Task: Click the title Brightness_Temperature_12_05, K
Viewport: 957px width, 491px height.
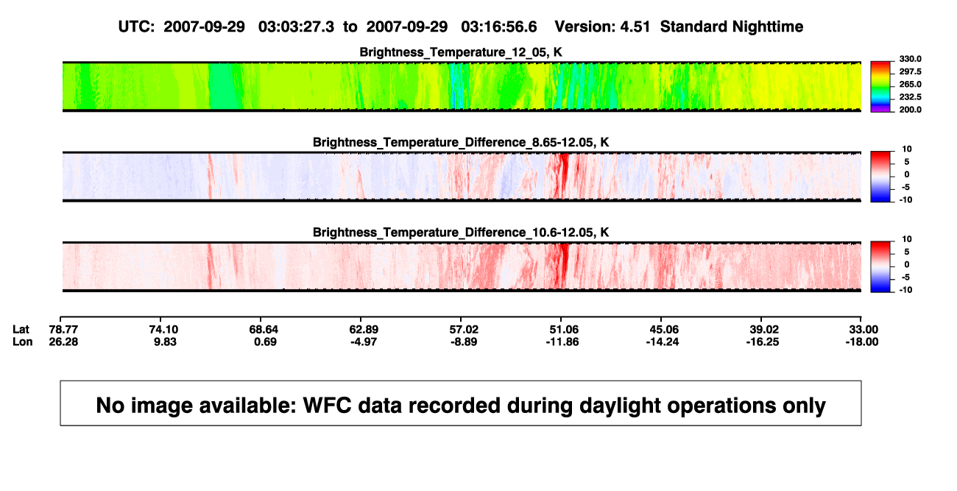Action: pos(461,52)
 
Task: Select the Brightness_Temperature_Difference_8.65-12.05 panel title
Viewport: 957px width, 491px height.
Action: pos(461,142)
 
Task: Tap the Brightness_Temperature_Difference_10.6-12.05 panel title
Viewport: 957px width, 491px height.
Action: pos(461,233)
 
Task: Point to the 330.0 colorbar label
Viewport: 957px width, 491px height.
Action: pos(910,59)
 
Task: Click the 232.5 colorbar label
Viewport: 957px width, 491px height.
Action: pos(910,97)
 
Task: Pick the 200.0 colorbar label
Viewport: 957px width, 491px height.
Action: pos(910,110)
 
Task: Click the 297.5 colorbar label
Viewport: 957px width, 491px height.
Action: pos(910,72)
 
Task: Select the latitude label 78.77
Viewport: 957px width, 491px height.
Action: pos(63,330)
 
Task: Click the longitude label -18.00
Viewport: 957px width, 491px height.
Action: pos(862,342)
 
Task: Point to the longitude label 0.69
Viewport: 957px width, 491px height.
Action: pos(265,342)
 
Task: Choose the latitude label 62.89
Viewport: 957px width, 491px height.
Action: pos(364,330)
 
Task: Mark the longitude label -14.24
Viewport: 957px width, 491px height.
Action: pos(663,342)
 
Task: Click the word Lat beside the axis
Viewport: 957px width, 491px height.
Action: pos(21,330)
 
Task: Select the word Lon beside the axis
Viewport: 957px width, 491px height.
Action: pos(22,342)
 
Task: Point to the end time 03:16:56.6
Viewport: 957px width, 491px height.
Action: pos(498,27)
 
